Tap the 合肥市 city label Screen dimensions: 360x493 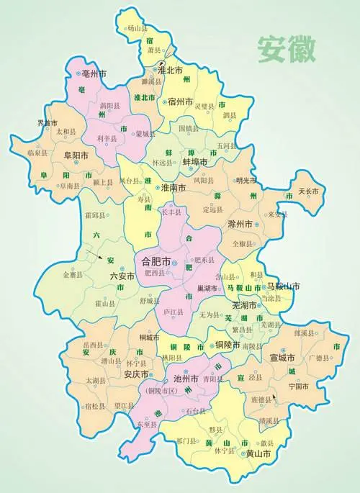point(153,263)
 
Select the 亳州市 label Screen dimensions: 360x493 point(93,73)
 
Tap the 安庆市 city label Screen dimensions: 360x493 point(135,375)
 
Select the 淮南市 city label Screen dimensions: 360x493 point(174,188)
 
